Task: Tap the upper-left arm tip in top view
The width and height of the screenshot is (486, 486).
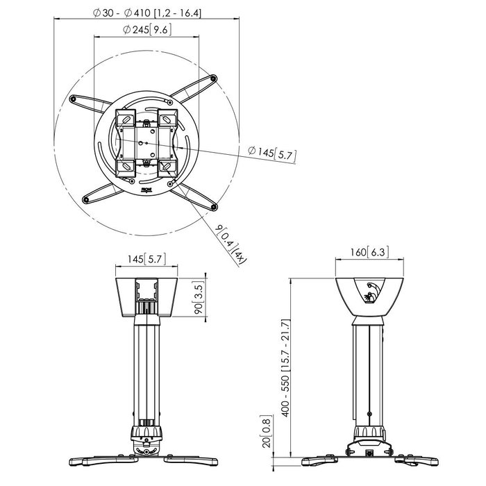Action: click(73, 101)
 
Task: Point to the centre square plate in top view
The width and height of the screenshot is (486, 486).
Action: click(146, 141)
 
